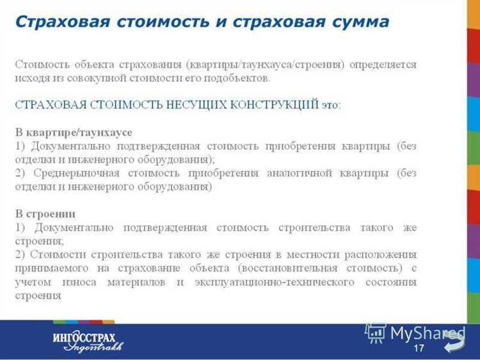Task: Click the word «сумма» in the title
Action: click(x=359, y=22)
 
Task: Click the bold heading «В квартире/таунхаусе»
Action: click(x=74, y=132)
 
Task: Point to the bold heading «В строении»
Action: click(x=45, y=213)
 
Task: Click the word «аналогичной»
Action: click(x=309, y=173)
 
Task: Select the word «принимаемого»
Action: click(x=49, y=268)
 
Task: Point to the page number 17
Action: click(x=419, y=348)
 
